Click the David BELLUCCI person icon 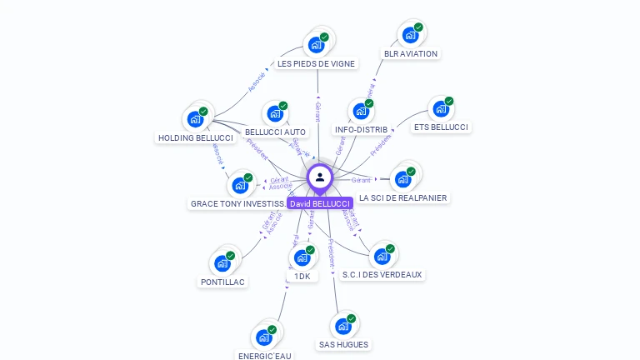pyautogui.click(x=319, y=177)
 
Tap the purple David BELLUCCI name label pyautogui.click(x=320, y=203)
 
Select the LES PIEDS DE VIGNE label pyautogui.click(x=316, y=63)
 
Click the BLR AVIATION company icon pyautogui.click(x=409, y=35)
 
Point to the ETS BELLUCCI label pyautogui.click(x=441, y=127)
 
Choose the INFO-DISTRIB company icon pyautogui.click(x=360, y=111)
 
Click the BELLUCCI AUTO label pyautogui.click(x=275, y=132)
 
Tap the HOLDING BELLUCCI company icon pyautogui.click(x=195, y=119)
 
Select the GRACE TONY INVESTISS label pyautogui.click(x=237, y=203)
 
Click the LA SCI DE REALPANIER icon pyautogui.click(x=402, y=179)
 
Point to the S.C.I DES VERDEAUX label pyautogui.click(x=382, y=274)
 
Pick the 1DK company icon pyautogui.click(x=302, y=257)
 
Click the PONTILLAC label pyautogui.click(x=222, y=282)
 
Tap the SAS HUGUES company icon pyautogui.click(x=342, y=327)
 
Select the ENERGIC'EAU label pyautogui.click(x=265, y=355)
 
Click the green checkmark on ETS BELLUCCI pyautogui.click(x=449, y=102)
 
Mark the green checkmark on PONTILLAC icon pyautogui.click(x=231, y=256)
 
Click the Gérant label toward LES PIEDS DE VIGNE pyautogui.click(x=317, y=111)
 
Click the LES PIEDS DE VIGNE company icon pyautogui.click(x=315, y=45)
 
